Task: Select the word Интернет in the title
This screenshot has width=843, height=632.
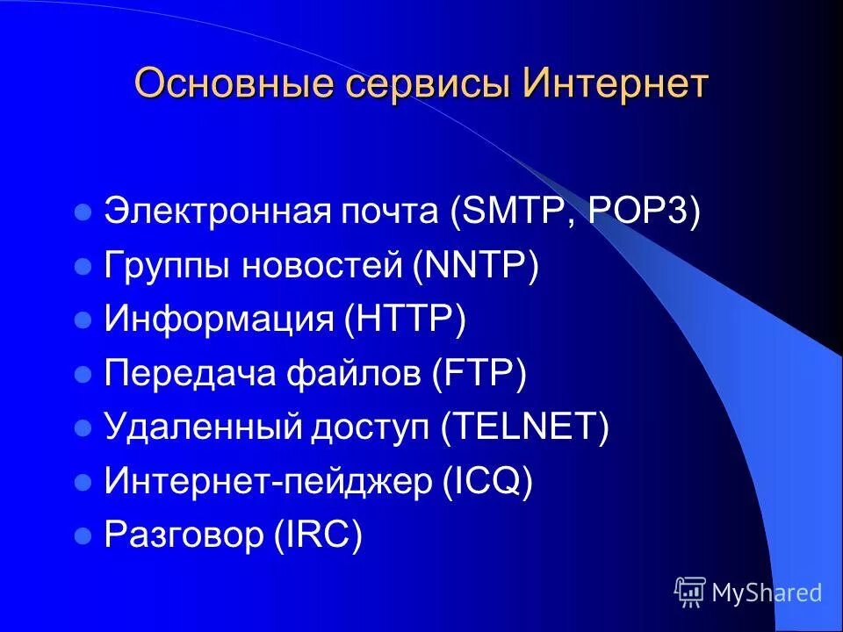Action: pos(616,84)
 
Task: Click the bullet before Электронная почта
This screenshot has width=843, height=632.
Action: pos(84,213)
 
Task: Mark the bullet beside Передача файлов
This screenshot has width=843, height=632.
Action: pos(84,376)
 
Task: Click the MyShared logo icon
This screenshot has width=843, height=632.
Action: pos(690,592)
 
